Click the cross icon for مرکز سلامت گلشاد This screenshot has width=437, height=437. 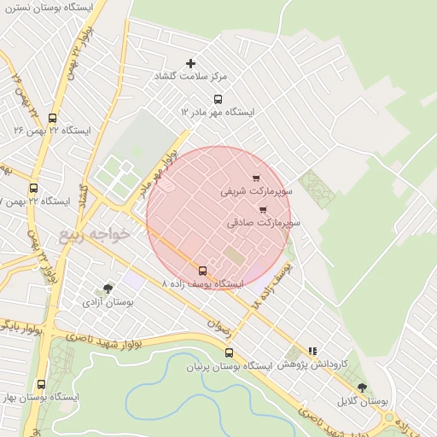click(190, 63)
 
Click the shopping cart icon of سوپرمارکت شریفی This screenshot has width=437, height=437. click(255, 178)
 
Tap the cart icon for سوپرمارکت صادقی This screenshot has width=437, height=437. click(262, 209)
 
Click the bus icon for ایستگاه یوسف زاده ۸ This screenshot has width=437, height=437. click(202, 271)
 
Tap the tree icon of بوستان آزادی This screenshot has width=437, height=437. click(107, 288)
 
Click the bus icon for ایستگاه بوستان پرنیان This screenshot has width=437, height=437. click(228, 353)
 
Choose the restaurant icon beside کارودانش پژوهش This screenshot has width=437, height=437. click(312, 350)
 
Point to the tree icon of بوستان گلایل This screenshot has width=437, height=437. click(362, 387)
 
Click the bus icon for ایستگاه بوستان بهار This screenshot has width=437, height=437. click(41, 385)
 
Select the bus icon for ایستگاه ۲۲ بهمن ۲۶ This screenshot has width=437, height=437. click(52, 119)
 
